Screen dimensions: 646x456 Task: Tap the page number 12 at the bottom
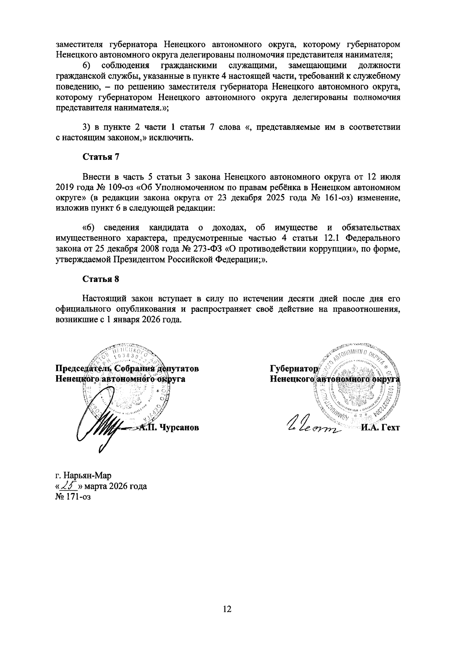pos(227,609)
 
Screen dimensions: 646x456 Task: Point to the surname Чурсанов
pos(179,427)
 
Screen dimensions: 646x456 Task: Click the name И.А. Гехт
pos(380,428)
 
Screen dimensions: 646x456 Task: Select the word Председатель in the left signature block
pos(79,368)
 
